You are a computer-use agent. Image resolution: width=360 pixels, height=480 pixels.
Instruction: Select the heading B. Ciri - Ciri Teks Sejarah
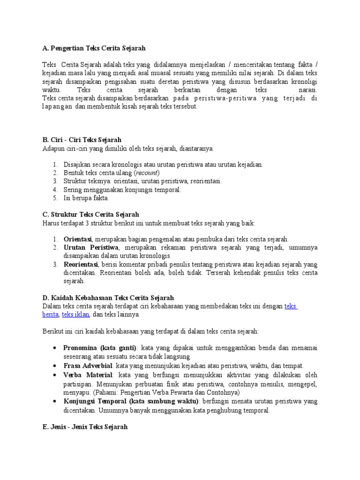point(82,140)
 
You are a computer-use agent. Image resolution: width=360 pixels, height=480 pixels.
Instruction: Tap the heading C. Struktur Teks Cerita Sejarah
point(90,215)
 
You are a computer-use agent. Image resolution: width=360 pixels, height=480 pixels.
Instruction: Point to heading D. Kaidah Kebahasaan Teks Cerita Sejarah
point(108,298)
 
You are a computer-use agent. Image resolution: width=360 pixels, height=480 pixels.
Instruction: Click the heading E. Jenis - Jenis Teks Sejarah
point(84,427)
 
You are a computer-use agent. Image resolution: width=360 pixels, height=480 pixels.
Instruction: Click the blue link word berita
point(50,315)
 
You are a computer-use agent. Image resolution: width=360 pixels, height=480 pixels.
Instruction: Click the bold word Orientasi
point(78,239)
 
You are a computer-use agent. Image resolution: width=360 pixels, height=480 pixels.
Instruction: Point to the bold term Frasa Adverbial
point(88,366)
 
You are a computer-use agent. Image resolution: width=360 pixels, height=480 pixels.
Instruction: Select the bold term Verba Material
point(88,375)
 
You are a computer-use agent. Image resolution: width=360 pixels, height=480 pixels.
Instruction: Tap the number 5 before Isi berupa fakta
point(55,198)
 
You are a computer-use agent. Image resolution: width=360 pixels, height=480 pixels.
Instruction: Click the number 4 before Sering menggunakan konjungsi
point(55,190)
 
